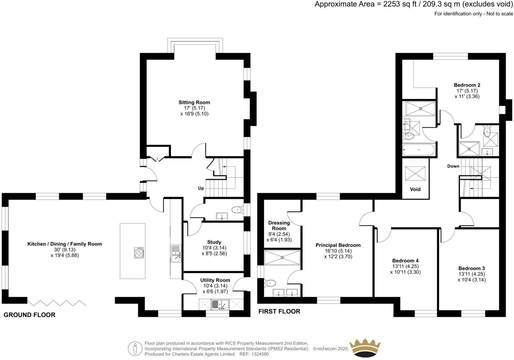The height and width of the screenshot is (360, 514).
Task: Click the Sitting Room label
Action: (x=194, y=103)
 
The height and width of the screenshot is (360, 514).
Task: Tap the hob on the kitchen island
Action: (x=139, y=253)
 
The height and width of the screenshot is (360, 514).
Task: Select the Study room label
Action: (x=214, y=242)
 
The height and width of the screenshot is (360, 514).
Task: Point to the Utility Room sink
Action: (x=220, y=304)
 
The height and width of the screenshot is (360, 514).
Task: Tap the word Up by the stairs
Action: (x=201, y=188)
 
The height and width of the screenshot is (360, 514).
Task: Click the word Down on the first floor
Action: (x=453, y=166)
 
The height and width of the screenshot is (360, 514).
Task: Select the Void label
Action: (x=415, y=189)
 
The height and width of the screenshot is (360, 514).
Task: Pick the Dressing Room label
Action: (x=279, y=226)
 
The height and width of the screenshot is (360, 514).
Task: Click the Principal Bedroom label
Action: (x=338, y=245)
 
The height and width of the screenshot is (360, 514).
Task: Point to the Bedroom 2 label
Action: (x=467, y=85)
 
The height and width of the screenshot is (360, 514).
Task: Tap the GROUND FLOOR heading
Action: (x=29, y=315)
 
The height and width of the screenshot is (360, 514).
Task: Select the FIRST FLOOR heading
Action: (x=279, y=311)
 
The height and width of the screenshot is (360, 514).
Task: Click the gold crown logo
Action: (x=366, y=348)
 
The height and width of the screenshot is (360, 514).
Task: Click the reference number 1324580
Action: (x=260, y=354)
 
